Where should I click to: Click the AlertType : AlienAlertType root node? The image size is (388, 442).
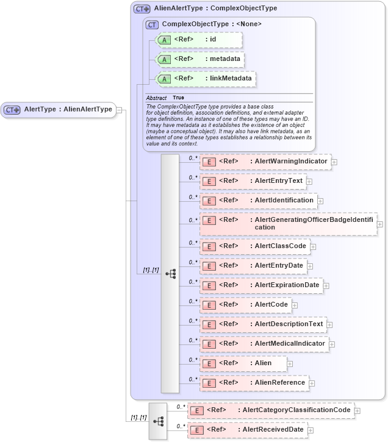[59, 110]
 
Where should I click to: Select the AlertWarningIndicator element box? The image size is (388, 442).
[265, 162]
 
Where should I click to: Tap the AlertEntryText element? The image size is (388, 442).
[253, 182]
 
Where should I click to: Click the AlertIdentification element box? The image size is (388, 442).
[258, 201]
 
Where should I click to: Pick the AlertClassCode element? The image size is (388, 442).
[254, 246]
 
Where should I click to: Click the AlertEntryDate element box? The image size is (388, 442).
[253, 266]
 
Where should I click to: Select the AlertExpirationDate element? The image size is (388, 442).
[261, 285]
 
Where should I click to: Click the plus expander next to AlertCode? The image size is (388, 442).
[295, 305]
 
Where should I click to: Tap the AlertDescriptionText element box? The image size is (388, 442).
[263, 324]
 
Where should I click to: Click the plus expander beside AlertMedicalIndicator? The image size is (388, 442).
[332, 344]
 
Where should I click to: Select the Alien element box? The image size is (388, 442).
[243, 363]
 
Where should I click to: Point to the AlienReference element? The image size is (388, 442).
[254, 383]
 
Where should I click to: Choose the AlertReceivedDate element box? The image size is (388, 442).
[246, 430]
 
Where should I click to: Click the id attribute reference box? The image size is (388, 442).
[199, 40]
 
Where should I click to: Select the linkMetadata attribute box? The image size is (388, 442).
[206, 79]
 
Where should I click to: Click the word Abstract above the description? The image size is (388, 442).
[156, 98]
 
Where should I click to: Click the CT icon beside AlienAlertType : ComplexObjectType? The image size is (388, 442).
[142, 9]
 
